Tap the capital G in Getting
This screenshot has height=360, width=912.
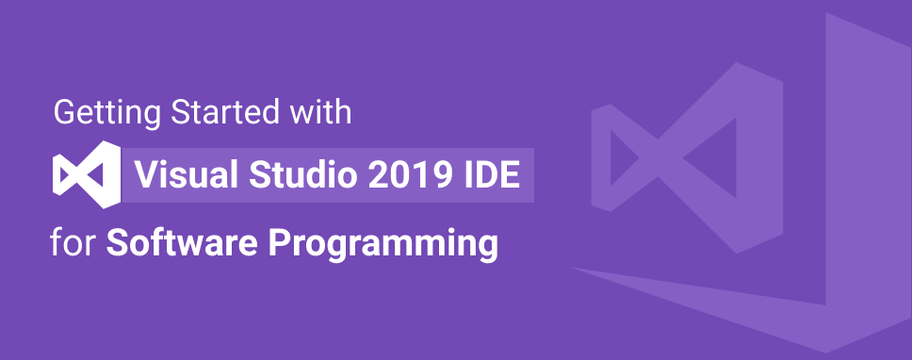(63, 115)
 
